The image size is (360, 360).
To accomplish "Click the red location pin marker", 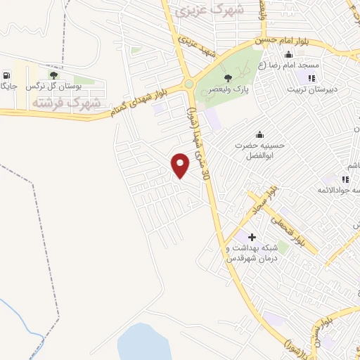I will click(x=181, y=165).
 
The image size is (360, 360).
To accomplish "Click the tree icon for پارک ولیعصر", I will click(x=226, y=78).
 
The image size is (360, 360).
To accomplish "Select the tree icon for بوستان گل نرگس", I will click(x=53, y=75).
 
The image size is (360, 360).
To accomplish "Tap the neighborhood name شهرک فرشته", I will click(x=66, y=103).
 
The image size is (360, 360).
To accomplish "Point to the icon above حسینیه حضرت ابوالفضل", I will click(x=262, y=134).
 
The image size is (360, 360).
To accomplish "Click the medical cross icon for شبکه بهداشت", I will click(x=252, y=237).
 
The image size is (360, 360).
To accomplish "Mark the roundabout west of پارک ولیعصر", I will click(x=189, y=85).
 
